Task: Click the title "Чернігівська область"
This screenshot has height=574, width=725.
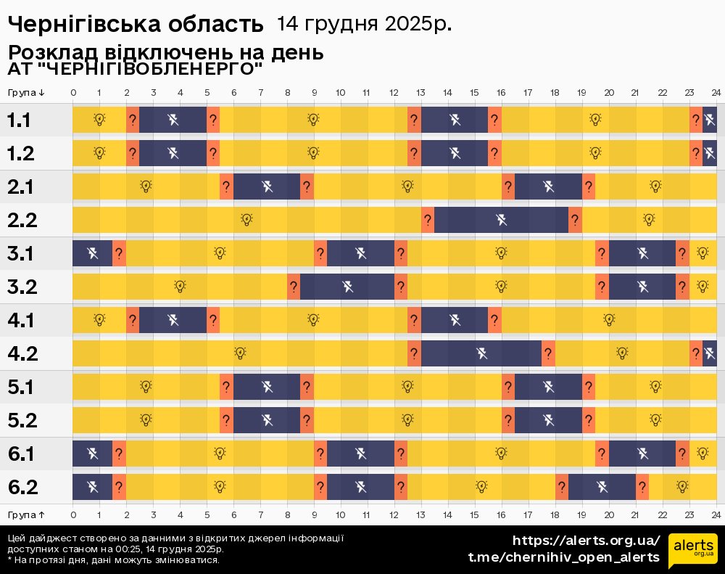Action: [x=136, y=24]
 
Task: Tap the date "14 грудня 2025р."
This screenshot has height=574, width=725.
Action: [x=364, y=23]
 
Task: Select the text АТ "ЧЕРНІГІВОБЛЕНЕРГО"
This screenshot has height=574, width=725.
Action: [x=135, y=69]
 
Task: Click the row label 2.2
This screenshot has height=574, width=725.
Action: [x=22, y=220]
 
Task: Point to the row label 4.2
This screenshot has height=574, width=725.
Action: [x=22, y=354]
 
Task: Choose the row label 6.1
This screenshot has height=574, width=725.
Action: [x=22, y=454]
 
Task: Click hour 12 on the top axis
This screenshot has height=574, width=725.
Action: [x=394, y=92]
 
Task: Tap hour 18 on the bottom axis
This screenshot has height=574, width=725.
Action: [x=555, y=514]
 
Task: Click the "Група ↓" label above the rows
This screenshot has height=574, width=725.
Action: [x=27, y=92]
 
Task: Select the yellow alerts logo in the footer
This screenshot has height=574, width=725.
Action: [x=692, y=549]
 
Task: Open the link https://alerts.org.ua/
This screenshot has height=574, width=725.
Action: [x=586, y=541]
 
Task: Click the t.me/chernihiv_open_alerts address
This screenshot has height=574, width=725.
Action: [x=563, y=557]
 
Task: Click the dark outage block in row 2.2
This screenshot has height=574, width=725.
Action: [x=501, y=220]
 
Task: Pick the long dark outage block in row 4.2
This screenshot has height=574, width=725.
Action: [x=481, y=354]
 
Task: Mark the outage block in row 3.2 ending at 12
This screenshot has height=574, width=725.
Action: [x=347, y=287]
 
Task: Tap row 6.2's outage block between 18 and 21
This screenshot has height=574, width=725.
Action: [x=602, y=487]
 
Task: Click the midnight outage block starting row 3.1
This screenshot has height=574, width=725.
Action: [x=92, y=253]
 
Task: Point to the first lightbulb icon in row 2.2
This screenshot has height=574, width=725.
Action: [x=246, y=219]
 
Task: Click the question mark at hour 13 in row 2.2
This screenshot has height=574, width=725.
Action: [x=428, y=220]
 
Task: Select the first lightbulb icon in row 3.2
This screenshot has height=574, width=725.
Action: [x=180, y=287]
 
